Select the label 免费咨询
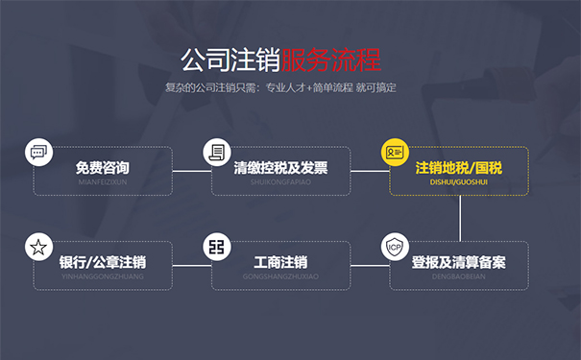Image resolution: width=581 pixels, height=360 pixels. (103, 168)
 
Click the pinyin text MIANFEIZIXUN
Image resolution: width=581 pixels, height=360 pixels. (103, 180)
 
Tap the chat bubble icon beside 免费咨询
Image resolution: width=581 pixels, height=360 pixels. (38, 152)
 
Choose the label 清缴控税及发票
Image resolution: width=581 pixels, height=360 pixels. (280, 168)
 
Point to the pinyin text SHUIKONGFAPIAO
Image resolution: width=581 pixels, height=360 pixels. (280, 180)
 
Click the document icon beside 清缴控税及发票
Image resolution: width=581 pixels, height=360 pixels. (217, 152)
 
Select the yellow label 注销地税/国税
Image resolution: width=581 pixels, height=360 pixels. (458, 168)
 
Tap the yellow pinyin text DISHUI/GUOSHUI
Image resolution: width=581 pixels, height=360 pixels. (458, 180)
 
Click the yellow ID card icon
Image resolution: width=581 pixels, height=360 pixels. (395, 152)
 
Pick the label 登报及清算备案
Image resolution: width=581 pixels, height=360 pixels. (458, 262)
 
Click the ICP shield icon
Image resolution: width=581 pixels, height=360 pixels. (395, 247)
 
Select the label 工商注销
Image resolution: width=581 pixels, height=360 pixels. (280, 262)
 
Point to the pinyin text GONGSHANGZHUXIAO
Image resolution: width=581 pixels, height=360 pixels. (280, 276)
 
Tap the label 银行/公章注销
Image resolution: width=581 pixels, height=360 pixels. (103, 262)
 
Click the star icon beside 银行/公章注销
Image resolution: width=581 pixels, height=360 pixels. (38, 247)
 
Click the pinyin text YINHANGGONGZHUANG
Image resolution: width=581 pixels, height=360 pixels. (103, 276)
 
